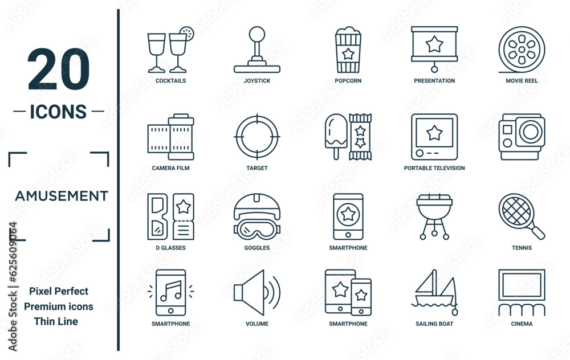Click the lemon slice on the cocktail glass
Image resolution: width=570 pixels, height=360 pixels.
(x=187, y=34)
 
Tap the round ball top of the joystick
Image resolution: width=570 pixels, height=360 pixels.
(x=257, y=34)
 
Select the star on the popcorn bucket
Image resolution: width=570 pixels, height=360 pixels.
(x=348, y=54)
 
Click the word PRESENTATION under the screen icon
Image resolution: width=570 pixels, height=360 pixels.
(x=434, y=81)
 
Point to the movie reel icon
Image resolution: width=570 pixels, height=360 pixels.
(x=522, y=50)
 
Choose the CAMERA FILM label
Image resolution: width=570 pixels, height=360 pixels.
(x=170, y=168)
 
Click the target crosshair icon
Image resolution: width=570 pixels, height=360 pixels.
(x=257, y=137)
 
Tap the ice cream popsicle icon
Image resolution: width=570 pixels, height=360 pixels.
(x=336, y=136)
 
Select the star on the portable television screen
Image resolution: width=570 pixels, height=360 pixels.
(x=434, y=133)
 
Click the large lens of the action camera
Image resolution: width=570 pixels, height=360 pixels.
(x=530, y=132)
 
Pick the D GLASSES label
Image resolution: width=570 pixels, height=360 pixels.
(x=170, y=248)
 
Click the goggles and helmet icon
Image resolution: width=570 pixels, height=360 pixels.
(x=257, y=216)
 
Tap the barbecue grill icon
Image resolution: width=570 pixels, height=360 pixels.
(x=434, y=216)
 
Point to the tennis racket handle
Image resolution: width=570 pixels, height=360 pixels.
(x=536, y=231)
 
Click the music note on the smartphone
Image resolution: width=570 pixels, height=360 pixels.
(x=171, y=291)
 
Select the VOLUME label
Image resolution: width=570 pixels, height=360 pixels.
(x=257, y=324)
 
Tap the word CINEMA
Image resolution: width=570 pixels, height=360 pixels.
(x=522, y=324)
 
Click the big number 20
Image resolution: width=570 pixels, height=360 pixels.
(x=58, y=69)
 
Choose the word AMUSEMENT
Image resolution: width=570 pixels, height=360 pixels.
(x=62, y=196)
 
